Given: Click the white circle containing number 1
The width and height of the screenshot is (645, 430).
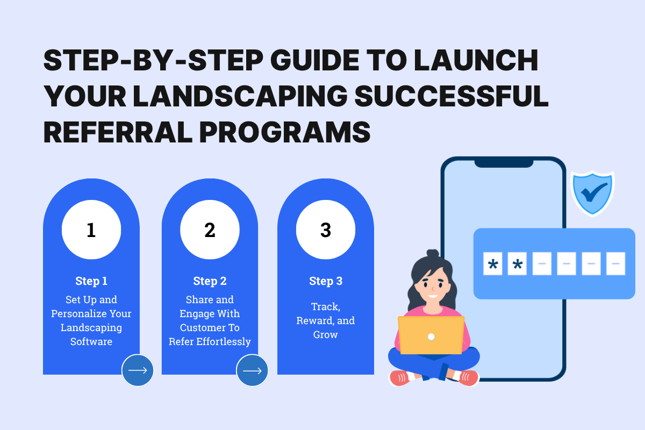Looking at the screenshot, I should pos(91,230).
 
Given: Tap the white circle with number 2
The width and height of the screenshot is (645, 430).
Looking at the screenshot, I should pos(210,230).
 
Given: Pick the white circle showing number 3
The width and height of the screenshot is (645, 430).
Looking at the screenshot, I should pos(326,230).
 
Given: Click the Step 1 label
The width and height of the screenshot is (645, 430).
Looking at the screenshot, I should pos(91,281).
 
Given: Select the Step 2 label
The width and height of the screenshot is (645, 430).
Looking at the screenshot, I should pos(210,281).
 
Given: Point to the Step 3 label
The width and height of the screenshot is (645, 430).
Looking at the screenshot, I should pos(326,281).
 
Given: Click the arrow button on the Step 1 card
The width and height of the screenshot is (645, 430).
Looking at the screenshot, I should pos(138,370).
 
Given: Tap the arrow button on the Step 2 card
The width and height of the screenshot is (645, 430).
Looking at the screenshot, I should pos(252,370).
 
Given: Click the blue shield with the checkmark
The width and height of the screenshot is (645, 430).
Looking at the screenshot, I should pos(592,192).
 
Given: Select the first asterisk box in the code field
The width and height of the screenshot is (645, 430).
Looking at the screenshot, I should pos(492,264).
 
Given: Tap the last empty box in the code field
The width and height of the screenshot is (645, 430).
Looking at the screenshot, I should pos(615,264).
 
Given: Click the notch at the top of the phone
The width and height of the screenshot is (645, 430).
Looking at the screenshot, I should pos(504,162).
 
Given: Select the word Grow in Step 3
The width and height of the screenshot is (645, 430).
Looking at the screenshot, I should pos(326,334).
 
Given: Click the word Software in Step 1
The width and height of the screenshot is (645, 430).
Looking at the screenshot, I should pos(91,341).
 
